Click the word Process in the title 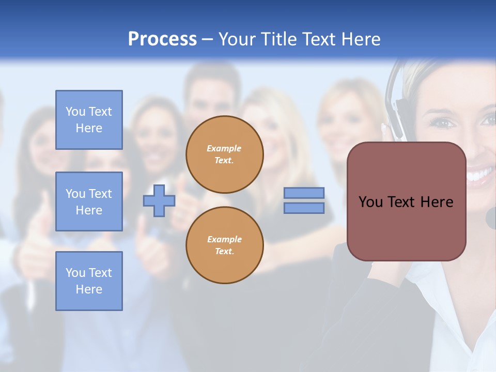[x=162, y=39]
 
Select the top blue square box [x=89, y=120]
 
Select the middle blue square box [x=89, y=202]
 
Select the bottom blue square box [x=89, y=281]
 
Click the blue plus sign [x=159, y=200]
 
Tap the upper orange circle [x=225, y=154]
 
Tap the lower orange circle [x=225, y=245]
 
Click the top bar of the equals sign [x=304, y=193]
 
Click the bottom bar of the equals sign [x=304, y=208]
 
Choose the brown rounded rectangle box [x=407, y=227]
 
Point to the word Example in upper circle [x=224, y=148]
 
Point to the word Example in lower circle [x=224, y=239]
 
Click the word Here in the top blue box [x=89, y=128]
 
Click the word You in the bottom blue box [x=75, y=273]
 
